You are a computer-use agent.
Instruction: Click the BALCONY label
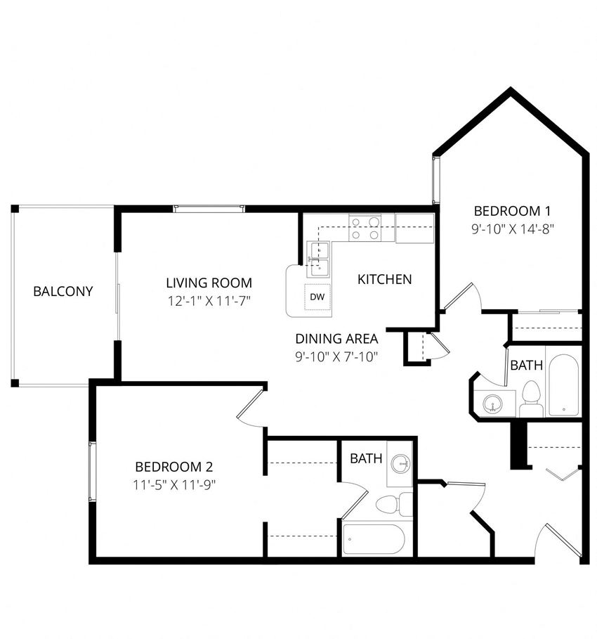(63, 291)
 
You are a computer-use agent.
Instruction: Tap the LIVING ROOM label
(209, 283)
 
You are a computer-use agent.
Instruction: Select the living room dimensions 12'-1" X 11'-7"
(209, 301)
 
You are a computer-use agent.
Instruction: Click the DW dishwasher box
(317, 297)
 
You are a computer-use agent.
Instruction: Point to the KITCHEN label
(384, 279)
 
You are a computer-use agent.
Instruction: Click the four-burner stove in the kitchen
(365, 228)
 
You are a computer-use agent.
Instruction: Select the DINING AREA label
(336, 338)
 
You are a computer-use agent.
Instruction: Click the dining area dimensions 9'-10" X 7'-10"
(336, 356)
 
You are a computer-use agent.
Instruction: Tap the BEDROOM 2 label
(173, 466)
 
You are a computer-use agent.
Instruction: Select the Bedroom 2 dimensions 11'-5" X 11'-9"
(173, 484)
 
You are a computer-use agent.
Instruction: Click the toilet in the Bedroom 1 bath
(530, 399)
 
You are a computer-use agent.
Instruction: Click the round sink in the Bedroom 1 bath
(494, 403)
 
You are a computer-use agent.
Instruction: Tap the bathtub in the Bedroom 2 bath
(374, 540)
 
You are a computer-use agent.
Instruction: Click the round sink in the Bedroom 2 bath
(401, 463)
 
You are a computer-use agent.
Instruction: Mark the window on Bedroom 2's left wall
(91, 472)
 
